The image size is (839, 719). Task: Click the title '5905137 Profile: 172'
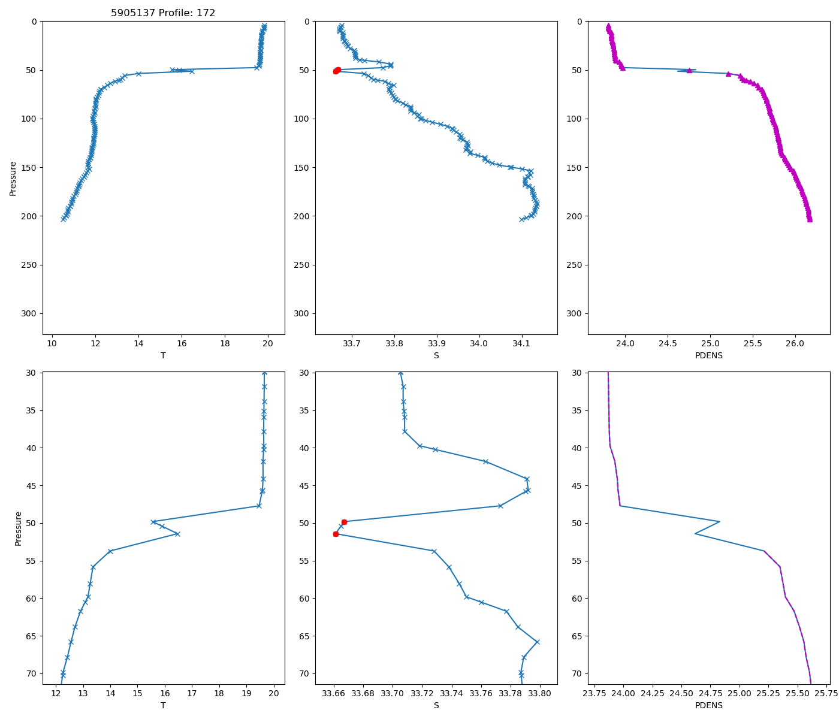click(x=163, y=13)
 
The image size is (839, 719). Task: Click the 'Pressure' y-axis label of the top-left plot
click(x=13, y=178)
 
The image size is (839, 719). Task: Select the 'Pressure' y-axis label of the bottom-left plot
click(x=18, y=528)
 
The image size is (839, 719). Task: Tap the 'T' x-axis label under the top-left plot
click(x=163, y=355)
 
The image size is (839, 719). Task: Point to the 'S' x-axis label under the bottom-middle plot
click(x=436, y=705)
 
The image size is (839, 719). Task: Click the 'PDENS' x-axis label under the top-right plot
click(x=709, y=355)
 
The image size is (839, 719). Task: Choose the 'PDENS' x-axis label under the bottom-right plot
click(x=709, y=705)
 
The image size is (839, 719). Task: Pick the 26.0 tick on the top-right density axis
click(x=795, y=343)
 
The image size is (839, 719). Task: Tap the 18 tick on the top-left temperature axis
click(x=225, y=343)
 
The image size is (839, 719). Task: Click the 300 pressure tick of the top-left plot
click(x=30, y=313)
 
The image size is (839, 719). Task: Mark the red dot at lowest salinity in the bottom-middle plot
click(x=336, y=534)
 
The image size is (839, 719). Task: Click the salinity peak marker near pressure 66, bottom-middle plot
click(x=537, y=642)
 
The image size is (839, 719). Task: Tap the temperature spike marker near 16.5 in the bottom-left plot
click(x=177, y=534)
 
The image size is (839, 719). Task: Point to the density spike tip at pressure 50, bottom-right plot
click(x=719, y=522)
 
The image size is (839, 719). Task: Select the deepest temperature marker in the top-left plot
click(x=64, y=219)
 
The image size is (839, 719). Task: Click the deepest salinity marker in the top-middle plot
click(x=521, y=219)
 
